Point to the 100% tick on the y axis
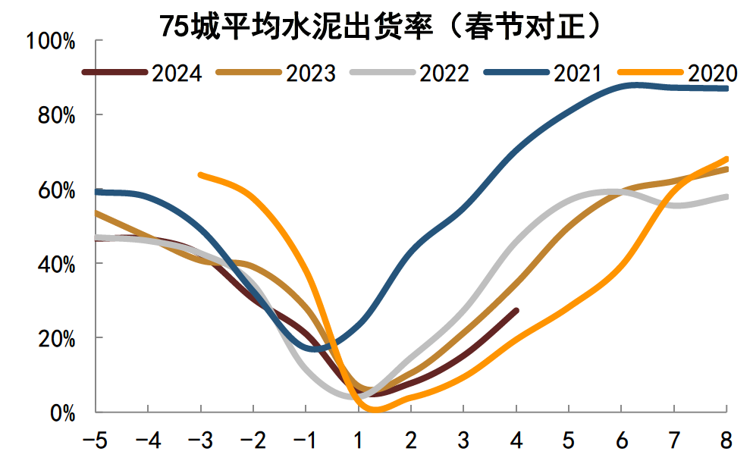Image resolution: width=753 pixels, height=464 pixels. tap(51, 41)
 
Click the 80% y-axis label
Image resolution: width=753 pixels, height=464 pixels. tap(55, 115)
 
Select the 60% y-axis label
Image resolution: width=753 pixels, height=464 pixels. tap(55, 190)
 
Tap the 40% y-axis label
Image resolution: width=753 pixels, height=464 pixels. tap(55, 264)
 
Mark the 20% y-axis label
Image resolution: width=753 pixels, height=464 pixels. tap(55, 338)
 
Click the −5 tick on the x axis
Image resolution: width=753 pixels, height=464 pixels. tap(96, 440)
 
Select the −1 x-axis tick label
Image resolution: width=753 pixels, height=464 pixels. tap(306, 440)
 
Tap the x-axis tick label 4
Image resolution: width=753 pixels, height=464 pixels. tap(516, 440)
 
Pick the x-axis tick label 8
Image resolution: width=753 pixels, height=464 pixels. tap(726, 440)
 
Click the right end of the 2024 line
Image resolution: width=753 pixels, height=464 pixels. tap(516, 310)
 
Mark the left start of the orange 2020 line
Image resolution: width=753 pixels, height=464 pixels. tap(200, 175)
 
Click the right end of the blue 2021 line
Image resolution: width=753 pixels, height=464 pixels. tap(726, 89)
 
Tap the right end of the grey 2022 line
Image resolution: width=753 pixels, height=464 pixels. tap(726, 197)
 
